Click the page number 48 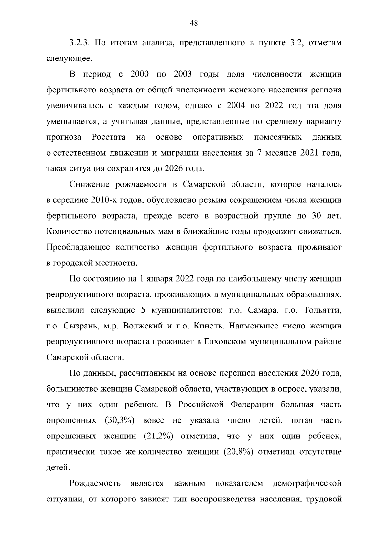[194, 23]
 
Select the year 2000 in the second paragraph [139, 74]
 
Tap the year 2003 [183, 74]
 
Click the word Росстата [109, 137]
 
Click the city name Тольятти [322, 310]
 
